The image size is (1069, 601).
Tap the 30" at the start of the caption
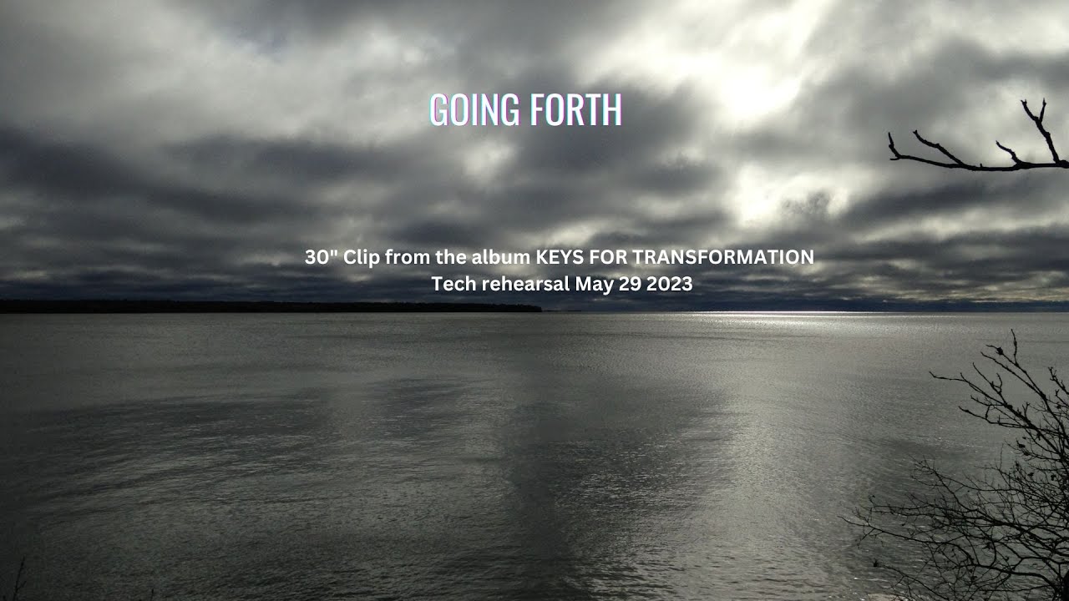[x=320, y=257]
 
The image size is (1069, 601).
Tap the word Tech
[x=451, y=284]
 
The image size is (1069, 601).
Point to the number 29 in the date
[x=629, y=284]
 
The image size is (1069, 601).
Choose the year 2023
[x=669, y=284]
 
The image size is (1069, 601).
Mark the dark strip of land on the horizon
[x=267, y=306]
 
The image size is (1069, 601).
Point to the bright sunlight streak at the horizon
[x=777, y=315]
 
